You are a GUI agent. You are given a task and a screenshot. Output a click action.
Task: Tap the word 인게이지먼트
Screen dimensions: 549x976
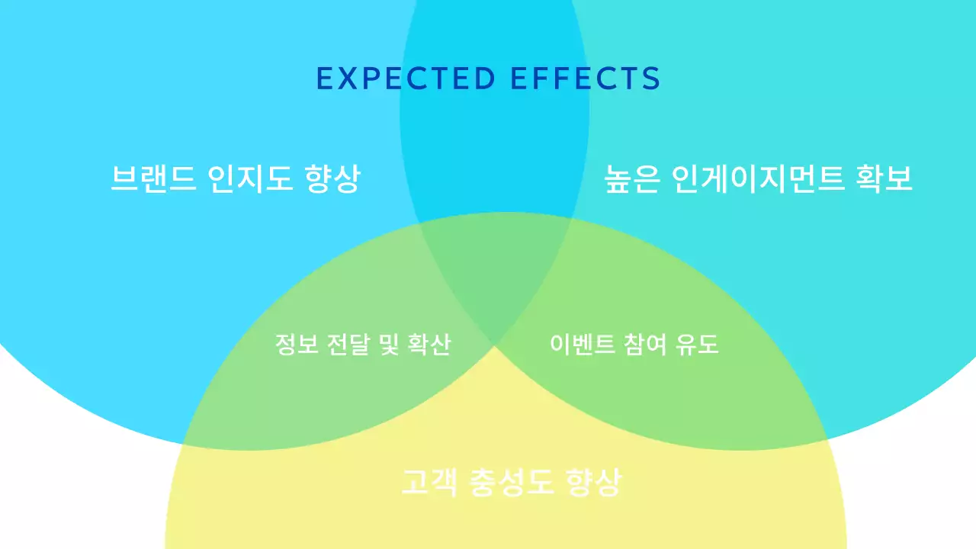point(759,180)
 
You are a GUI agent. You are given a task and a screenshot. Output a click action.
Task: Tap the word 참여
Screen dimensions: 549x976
point(638,345)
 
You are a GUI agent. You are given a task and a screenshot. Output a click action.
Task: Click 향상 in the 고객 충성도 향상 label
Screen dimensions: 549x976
point(593,483)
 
